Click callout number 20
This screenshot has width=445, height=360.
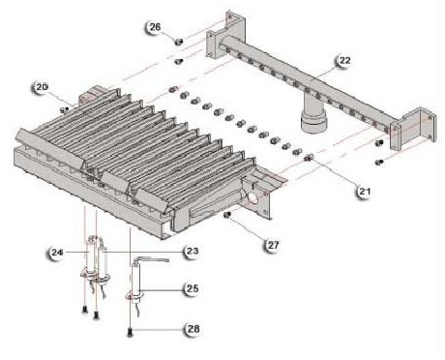(x=42, y=87)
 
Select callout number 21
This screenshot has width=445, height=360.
(x=365, y=192)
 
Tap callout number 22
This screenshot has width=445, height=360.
(x=344, y=60)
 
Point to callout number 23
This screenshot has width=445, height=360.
(x=193, y=252)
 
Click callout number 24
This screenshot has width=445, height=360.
(x=57, y=253)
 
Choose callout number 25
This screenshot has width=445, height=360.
(x=193, y=288)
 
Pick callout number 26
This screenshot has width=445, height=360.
(x=155, y=27)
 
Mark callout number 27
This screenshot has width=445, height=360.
(x=273, y=245)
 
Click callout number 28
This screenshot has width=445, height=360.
(x=193, y=329)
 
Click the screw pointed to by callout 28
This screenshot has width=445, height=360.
(x=130, y=332)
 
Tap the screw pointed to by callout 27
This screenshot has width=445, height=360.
(x=227, y=214)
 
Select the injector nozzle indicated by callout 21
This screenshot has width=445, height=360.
(x=309, y=158)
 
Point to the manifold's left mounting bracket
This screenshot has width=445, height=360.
(x=225, y=35)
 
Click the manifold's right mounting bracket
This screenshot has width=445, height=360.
(x=413, y=131)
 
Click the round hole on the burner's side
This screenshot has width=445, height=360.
(x=252, y=196)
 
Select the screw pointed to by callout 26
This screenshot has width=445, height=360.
(x=178, y=42)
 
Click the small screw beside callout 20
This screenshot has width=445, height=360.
(x=64, y=109)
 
